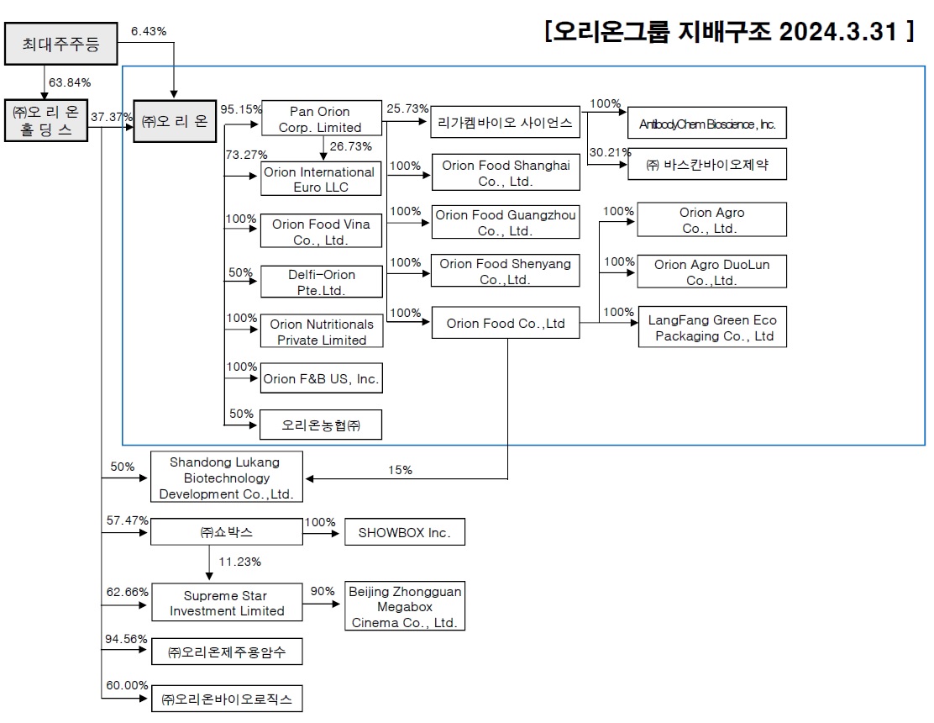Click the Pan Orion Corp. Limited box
click(320, 119)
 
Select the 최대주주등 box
click(60, 45)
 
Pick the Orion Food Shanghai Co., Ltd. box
click(506, 173)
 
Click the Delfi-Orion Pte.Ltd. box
click(321, 282)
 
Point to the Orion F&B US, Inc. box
click(321, 379)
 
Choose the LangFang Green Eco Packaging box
click(712, 328)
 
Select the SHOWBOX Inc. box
click(404, 532)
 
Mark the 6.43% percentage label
click(149, 31)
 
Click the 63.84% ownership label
click(70, 82)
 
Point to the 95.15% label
click(240, 109)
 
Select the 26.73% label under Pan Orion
click(351, 147)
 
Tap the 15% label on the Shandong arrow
click(401, 470)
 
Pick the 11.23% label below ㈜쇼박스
click(239, 562)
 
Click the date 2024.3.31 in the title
click(840, 32)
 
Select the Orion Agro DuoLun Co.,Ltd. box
click(712, 272)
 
